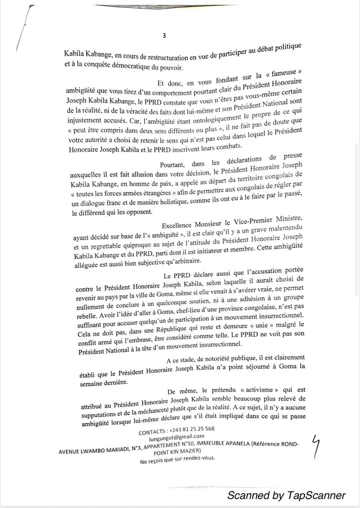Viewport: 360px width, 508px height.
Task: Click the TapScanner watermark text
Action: coord(286,495)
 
